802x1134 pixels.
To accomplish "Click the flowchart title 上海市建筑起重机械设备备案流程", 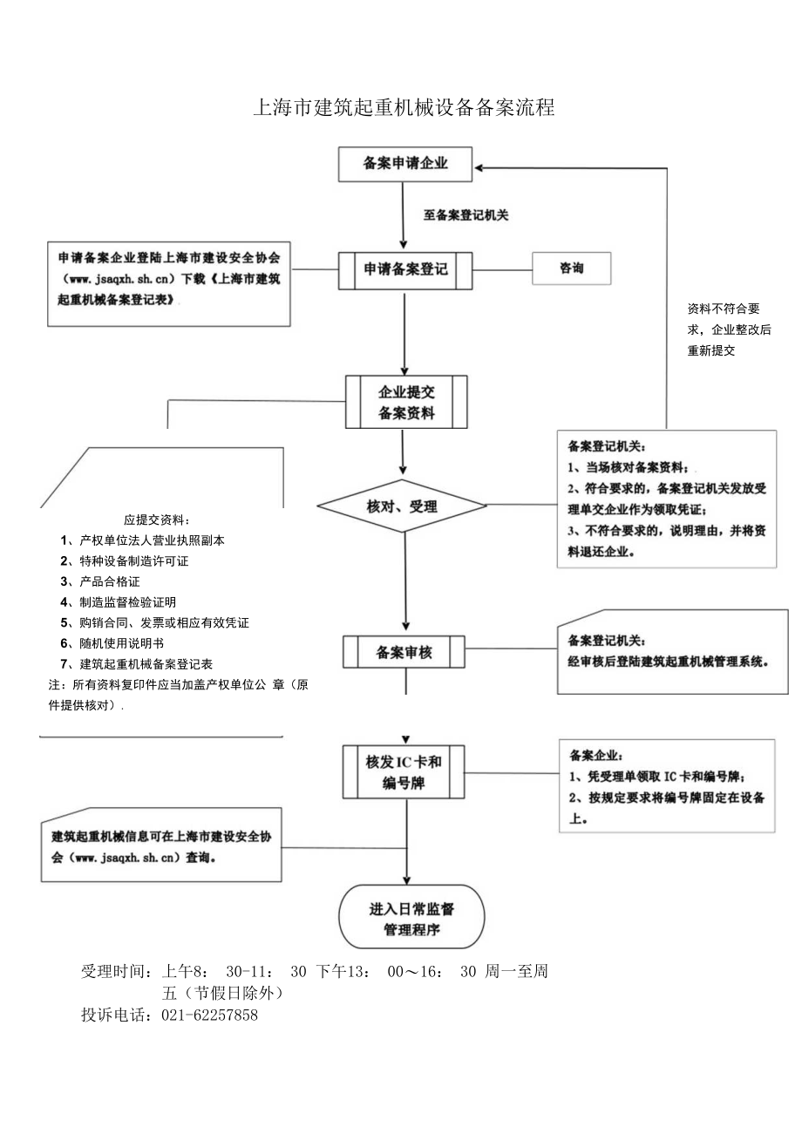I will [x=403, y=108].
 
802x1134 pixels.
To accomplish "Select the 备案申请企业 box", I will [x=405, y=163].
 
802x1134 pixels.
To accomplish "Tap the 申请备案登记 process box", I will [x=405, y=270].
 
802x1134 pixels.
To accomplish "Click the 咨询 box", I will [x=572, y=268].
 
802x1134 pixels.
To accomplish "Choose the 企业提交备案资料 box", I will [x=406, y=402].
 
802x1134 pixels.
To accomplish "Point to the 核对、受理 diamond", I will [x=402, y=506].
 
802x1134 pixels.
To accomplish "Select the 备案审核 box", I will [x=405, y=651].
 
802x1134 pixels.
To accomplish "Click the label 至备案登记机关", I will [x=466, y=215].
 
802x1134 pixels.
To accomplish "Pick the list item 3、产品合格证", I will [x=100, y=581].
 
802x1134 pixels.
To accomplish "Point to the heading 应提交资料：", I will [x=157, y=519].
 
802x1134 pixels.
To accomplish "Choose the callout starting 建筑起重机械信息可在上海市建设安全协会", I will [x=161, y=845].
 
